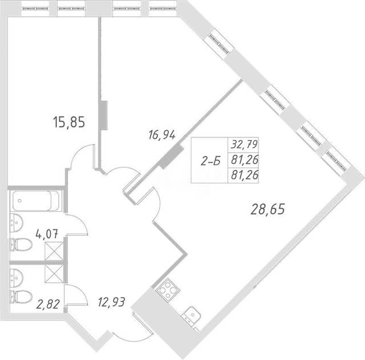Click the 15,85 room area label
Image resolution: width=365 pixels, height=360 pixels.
click(69, 122)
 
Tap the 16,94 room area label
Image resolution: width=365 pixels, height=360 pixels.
click(162, 135)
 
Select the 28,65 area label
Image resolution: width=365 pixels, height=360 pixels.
click(267, 209)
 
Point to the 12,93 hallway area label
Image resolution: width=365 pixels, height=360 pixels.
click(112, 302)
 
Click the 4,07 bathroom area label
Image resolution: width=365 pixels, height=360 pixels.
click(47, 234)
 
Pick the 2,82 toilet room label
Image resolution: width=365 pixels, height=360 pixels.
click(48, 304)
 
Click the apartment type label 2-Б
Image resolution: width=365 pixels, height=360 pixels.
click(210, 161)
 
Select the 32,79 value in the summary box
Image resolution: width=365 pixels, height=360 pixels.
click(244, 145)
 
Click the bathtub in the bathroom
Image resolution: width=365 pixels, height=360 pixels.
click(36, 201)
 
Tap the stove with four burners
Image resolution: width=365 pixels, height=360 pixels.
click(168, 289)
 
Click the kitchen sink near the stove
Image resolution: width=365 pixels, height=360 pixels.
click(191, 316)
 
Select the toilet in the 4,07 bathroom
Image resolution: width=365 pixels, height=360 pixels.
click(21, 244)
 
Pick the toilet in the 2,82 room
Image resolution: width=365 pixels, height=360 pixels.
click(21, 297)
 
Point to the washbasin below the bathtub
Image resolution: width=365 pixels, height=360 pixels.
click(16, 223)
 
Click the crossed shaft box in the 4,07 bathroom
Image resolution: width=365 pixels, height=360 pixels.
click(54, 251)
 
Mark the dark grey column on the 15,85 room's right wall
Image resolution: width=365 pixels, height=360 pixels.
click(104, 115)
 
